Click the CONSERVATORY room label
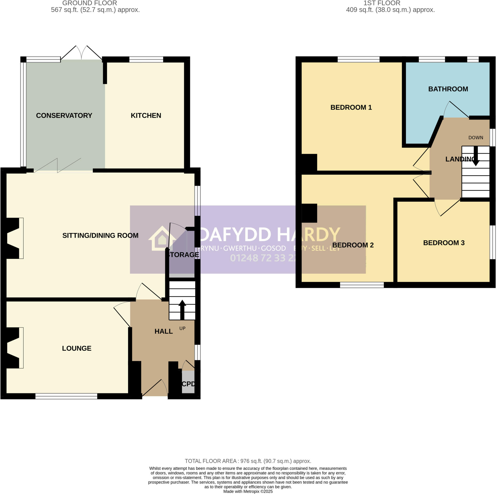pyautogui.click(x=64, y=115)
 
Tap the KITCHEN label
pyautogui.click(x=146, y=115)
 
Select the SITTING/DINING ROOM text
pyautogui.click(x=100, y=235)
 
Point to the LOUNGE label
pyautogui.click(x=77, y=348)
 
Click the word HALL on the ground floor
pyautogui.click(x=164, y=331)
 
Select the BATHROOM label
pyautogui.click(x=448, y=89)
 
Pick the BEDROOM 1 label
pyautogui.click(x=351, y=107)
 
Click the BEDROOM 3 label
pyautogui.click(x=444, y=243)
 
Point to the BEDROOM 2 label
pyautogui.click(x=353, y=245)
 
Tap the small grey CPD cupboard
pyautogui.click(x=188, y=382)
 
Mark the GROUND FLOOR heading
pyautogui.click(x=90, y=3)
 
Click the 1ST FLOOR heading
pyautogui.click(x=382, y=3)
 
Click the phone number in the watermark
pyautogui.click(x=262, y=258)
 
